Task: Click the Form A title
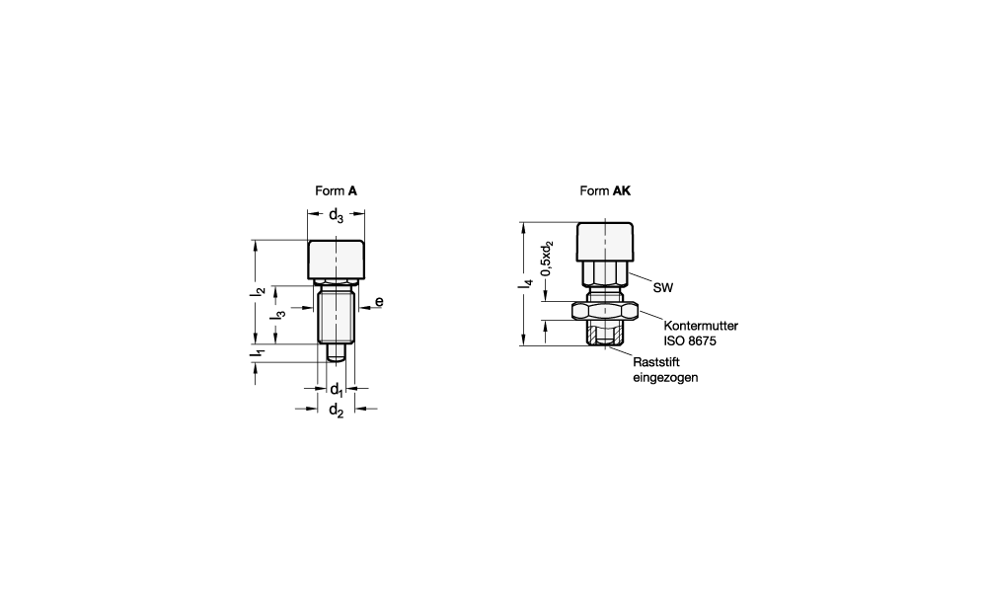(x=337, y=190)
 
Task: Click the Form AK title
(x=605, y=190)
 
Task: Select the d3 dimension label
(x=337, y=215)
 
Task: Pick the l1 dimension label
(x=258, y=355)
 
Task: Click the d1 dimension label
(x=337, y=390)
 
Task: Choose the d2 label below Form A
(x=337, y=411)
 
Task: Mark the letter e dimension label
(x=379, y=302)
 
